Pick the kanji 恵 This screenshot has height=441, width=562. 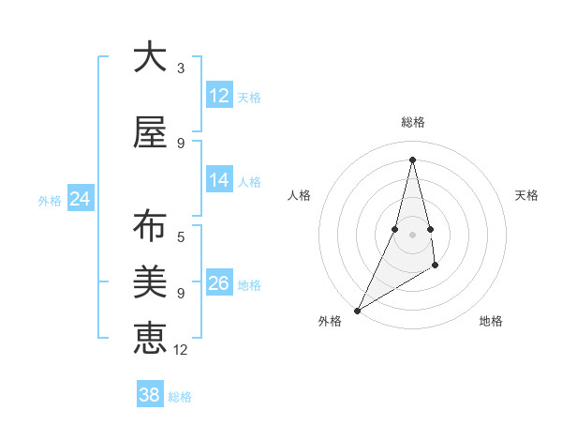(150, 338)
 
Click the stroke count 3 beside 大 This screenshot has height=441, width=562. (181, 68)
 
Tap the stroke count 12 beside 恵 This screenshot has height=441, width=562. (182, 350)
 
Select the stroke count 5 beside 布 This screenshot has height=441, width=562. (181, 237)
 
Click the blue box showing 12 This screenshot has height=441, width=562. (219, 96)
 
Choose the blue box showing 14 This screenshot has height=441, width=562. (219, 180)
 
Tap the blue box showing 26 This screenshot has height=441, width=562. (219, 283)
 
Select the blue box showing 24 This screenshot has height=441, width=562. (81, 199)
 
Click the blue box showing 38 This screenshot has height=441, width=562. (150, 395)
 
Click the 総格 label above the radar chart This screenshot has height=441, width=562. (412, 122)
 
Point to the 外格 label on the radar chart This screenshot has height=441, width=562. (330, 321)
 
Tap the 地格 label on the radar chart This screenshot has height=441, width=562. (491, 321)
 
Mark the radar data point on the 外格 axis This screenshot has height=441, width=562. (357, 310)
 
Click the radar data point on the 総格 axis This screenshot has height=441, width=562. (412, 160)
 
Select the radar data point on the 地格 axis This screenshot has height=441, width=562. (436, 267)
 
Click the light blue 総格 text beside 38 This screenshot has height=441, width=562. (180, 397)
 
